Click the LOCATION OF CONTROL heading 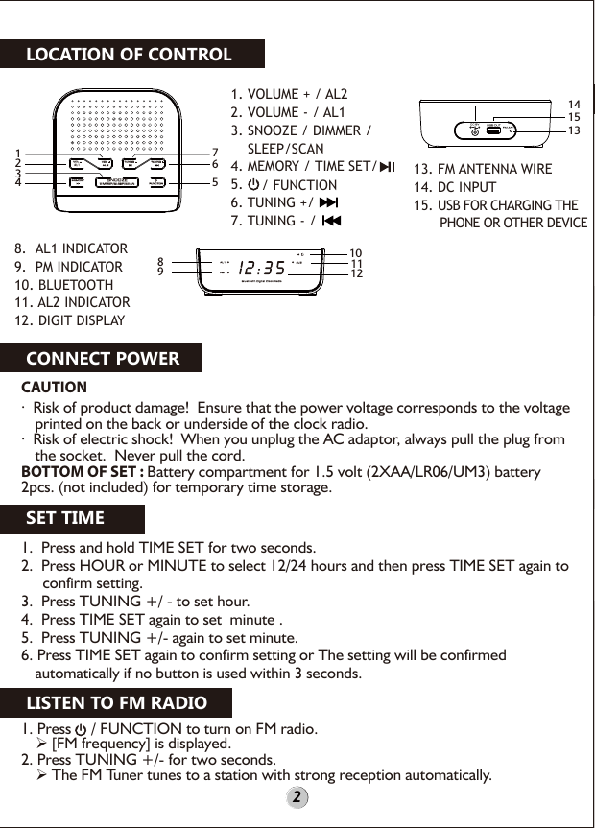[129, 54]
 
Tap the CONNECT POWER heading [103, 359]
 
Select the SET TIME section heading [65, 519]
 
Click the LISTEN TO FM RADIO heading [116, 703]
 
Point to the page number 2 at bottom [297, 797]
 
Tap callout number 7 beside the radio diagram [215, 153]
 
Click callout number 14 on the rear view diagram [575, 103]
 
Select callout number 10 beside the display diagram [355, 251]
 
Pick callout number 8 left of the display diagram [161, 260]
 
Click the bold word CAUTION [54, 388]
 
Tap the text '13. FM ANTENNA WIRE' [483, 169]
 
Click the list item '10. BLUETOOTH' [63, 285]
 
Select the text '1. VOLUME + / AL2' [289, 95]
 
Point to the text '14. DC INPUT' [455, 187]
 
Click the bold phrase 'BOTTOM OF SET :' [83, 472]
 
